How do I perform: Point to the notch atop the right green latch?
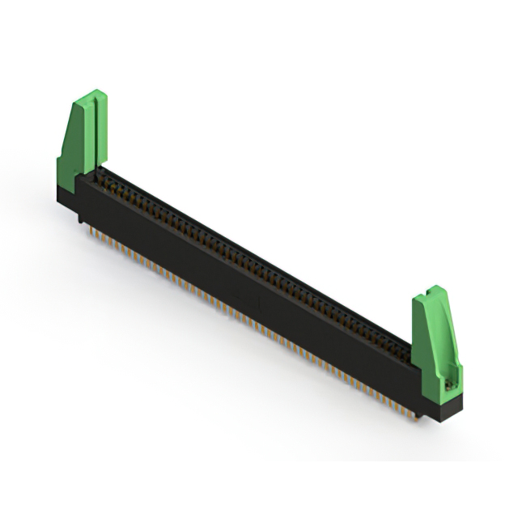pos(431,291)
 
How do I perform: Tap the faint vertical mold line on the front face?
pos(258,304)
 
